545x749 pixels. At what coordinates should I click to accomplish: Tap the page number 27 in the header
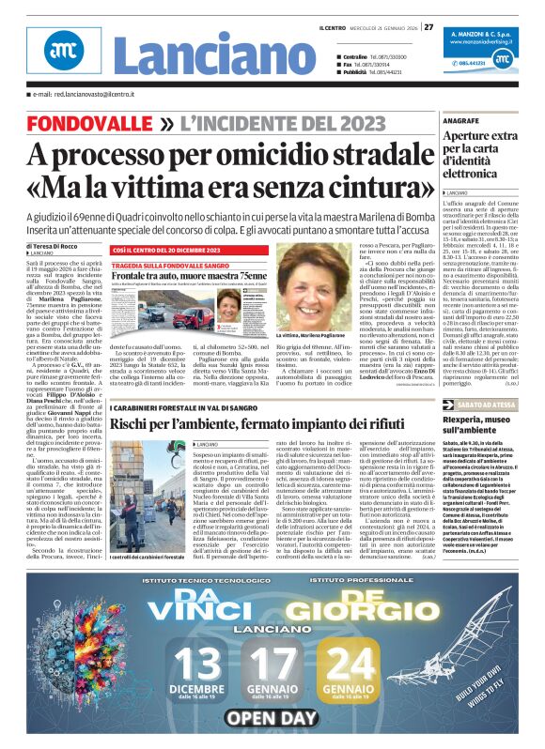click(428, 12)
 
